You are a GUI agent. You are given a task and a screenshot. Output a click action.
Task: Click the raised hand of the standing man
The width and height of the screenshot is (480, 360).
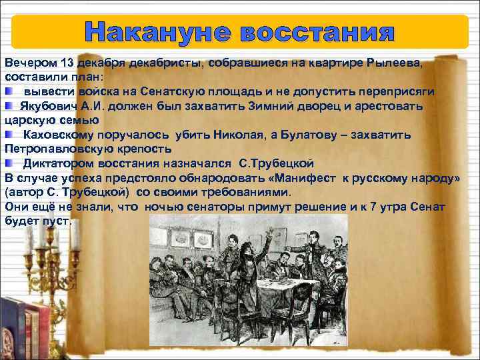click(x=269, y=229)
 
